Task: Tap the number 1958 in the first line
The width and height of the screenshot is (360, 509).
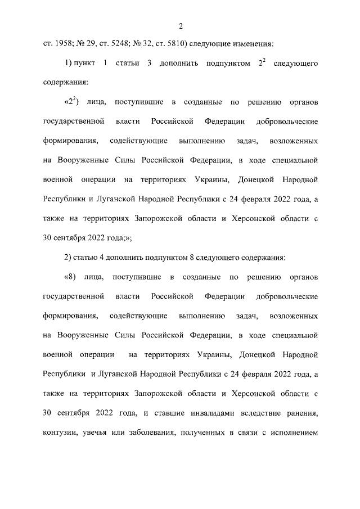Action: coord(64,43)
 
